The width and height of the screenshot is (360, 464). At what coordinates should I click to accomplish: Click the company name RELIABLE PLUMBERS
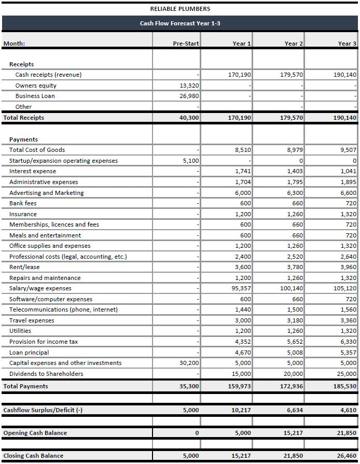tap(180, 9)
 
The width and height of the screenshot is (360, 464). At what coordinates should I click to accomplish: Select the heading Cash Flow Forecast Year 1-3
tap(180, 23)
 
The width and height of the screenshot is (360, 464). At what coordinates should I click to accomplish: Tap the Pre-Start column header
tap(186, 44)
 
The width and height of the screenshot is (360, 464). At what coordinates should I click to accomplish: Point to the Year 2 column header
tap(294, 44)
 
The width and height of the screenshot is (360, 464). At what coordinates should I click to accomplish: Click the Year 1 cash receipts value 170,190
tap(240, 75)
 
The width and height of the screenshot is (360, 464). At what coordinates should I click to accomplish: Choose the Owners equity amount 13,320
tap(189, 86)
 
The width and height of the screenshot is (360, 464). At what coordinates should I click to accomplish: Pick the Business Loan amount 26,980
tap(189, 96)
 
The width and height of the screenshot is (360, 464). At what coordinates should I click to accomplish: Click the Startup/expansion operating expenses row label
tap(63, 161)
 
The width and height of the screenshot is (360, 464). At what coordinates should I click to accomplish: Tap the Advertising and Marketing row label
tap(46, 193)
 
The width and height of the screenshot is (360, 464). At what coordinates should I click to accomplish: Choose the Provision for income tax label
tap(44, 342)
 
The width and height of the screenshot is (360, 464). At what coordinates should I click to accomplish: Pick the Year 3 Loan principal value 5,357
tap(348, 353)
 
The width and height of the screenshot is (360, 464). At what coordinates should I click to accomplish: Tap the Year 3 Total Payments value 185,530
tap(344, 386)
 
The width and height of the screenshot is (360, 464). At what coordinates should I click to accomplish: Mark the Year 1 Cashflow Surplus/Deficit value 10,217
tap(241, 411)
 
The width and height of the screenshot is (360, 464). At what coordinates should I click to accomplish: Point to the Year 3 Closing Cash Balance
tap(346, 456)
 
